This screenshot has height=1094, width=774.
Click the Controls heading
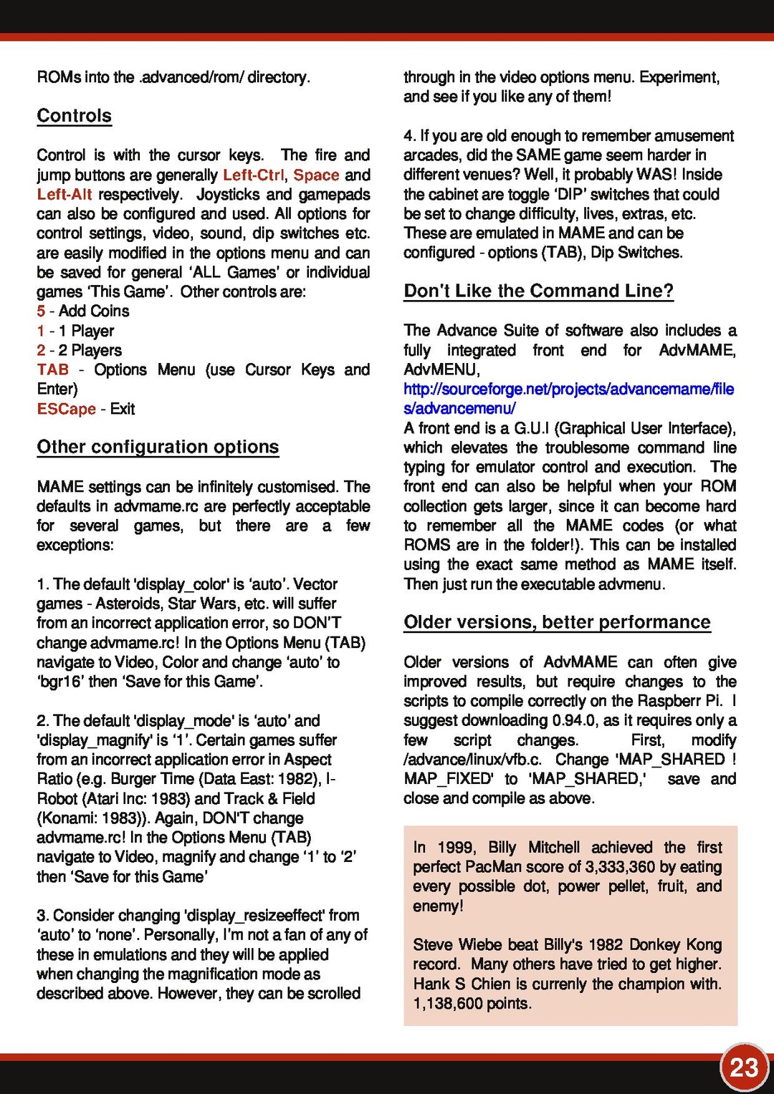(75, 116)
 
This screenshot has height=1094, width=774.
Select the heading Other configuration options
(158, 447)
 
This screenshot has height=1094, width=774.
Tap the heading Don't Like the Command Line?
(538, 291)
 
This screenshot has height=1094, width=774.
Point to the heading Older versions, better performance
(557, 622)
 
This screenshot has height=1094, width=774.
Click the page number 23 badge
(744, 1068)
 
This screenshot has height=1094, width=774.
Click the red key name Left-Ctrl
(253, 175)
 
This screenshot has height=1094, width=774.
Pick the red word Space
(316, 175)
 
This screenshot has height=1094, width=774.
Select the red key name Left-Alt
(64, 194)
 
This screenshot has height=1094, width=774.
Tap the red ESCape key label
(67, 409)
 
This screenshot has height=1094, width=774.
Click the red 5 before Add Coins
(41, 311)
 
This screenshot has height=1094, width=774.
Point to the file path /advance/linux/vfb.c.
(473, 759)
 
